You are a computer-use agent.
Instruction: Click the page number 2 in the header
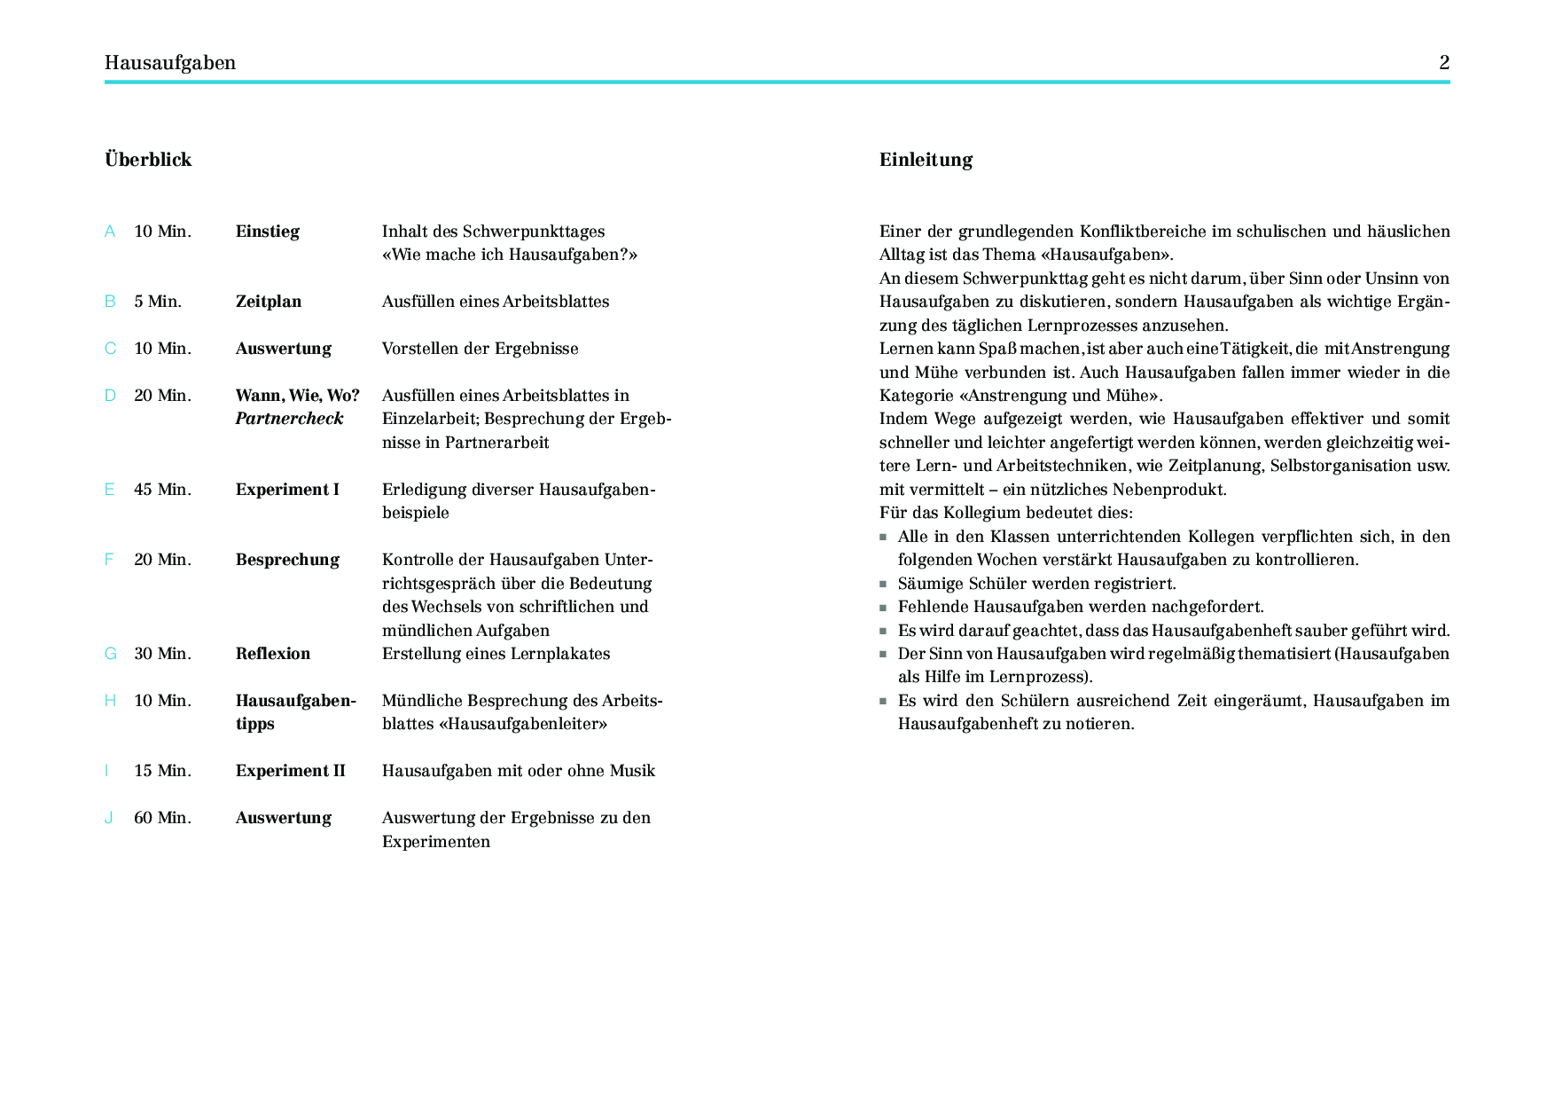pos(1444,62)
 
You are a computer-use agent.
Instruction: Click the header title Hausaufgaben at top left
pos(170,62)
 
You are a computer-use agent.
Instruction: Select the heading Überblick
pos(148,160)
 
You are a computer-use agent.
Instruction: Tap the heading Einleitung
pos(926,160)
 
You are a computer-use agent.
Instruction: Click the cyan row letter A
pos(110,232)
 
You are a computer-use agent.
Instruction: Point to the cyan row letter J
pos(109,818)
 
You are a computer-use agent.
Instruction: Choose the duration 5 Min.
pos(158,302)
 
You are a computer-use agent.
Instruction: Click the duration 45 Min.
pos(162,490)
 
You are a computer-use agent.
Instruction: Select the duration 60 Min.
pos(162,818)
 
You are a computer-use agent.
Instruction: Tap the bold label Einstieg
pos(268,232)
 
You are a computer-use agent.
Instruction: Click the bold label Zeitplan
pos(269,302)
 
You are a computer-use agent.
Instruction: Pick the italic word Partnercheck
pos(289,419)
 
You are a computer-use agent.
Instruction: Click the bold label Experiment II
pos(290,771)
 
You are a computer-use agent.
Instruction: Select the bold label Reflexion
pos(273,654)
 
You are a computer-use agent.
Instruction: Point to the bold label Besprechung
pos(287,560)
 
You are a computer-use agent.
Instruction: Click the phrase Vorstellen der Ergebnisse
pos(480,349)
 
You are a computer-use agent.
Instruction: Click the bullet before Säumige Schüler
pos(883,584)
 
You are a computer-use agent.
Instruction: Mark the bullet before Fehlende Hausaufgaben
pos(883,608)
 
